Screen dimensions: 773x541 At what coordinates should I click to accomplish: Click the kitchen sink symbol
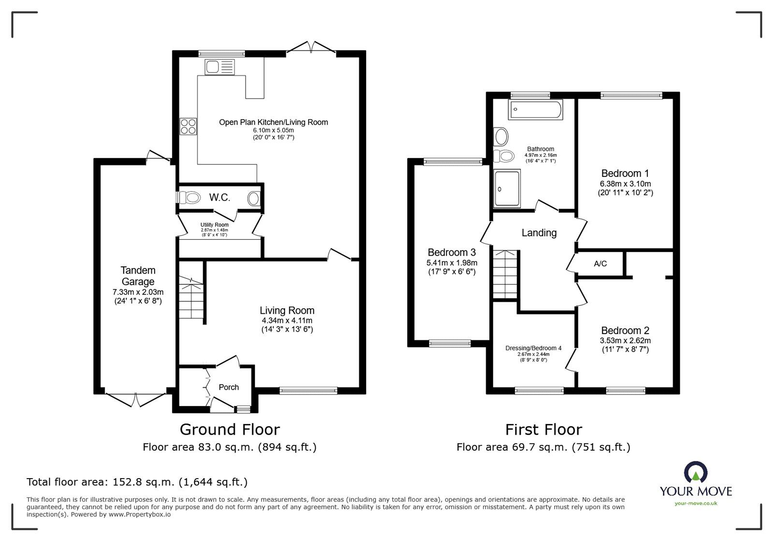pyautogui.click(x=219, y=67)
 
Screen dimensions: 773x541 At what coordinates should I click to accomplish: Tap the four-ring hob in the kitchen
pyautogui.click(x=188, y=126)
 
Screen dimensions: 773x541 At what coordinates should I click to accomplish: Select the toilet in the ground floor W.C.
pyautogui.click(x=188, y=198)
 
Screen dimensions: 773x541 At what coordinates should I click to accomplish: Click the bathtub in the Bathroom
pyautogui.click(x=535, y=109)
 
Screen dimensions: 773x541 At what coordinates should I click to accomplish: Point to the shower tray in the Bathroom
pyautogui.click(x=507, y=189)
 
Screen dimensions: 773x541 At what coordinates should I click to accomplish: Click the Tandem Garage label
pyautogui.click(x=138, y=276)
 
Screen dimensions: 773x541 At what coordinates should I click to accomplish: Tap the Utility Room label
pyautogui.click(x=215, y=225)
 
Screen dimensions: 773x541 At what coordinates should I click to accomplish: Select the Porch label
pyautogui.click(x=229, y=387)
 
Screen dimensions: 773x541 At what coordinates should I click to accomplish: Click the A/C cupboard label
pyautogui.click(x=600, y=264)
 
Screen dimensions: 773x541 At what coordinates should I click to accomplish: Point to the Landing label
pyautogui.click(x=539, y=233)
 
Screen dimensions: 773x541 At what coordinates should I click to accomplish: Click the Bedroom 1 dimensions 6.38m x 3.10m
pyautogui.click(x=625, y=184)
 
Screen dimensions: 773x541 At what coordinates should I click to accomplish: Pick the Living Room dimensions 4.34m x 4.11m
pyautogui.click(x=287, y=321)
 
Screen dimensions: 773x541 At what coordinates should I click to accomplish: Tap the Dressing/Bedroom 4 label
pyautogui.click(x=533, y=348)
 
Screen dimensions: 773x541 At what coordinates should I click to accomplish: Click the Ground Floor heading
pyautogui.click(x=230, y=429)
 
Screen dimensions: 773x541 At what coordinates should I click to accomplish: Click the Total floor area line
pyautogui.click(x=137, y=482)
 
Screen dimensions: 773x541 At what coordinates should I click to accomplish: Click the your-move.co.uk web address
pyautogui.click(x=696, y=503)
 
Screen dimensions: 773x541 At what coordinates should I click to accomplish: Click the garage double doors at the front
pyautogui.click(x=136, y=400)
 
